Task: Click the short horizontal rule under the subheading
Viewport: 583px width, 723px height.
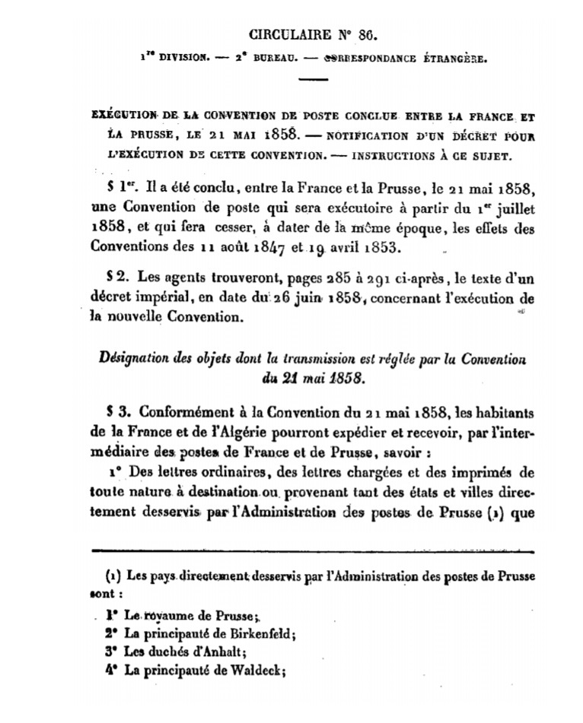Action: (x=312, y=80)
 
